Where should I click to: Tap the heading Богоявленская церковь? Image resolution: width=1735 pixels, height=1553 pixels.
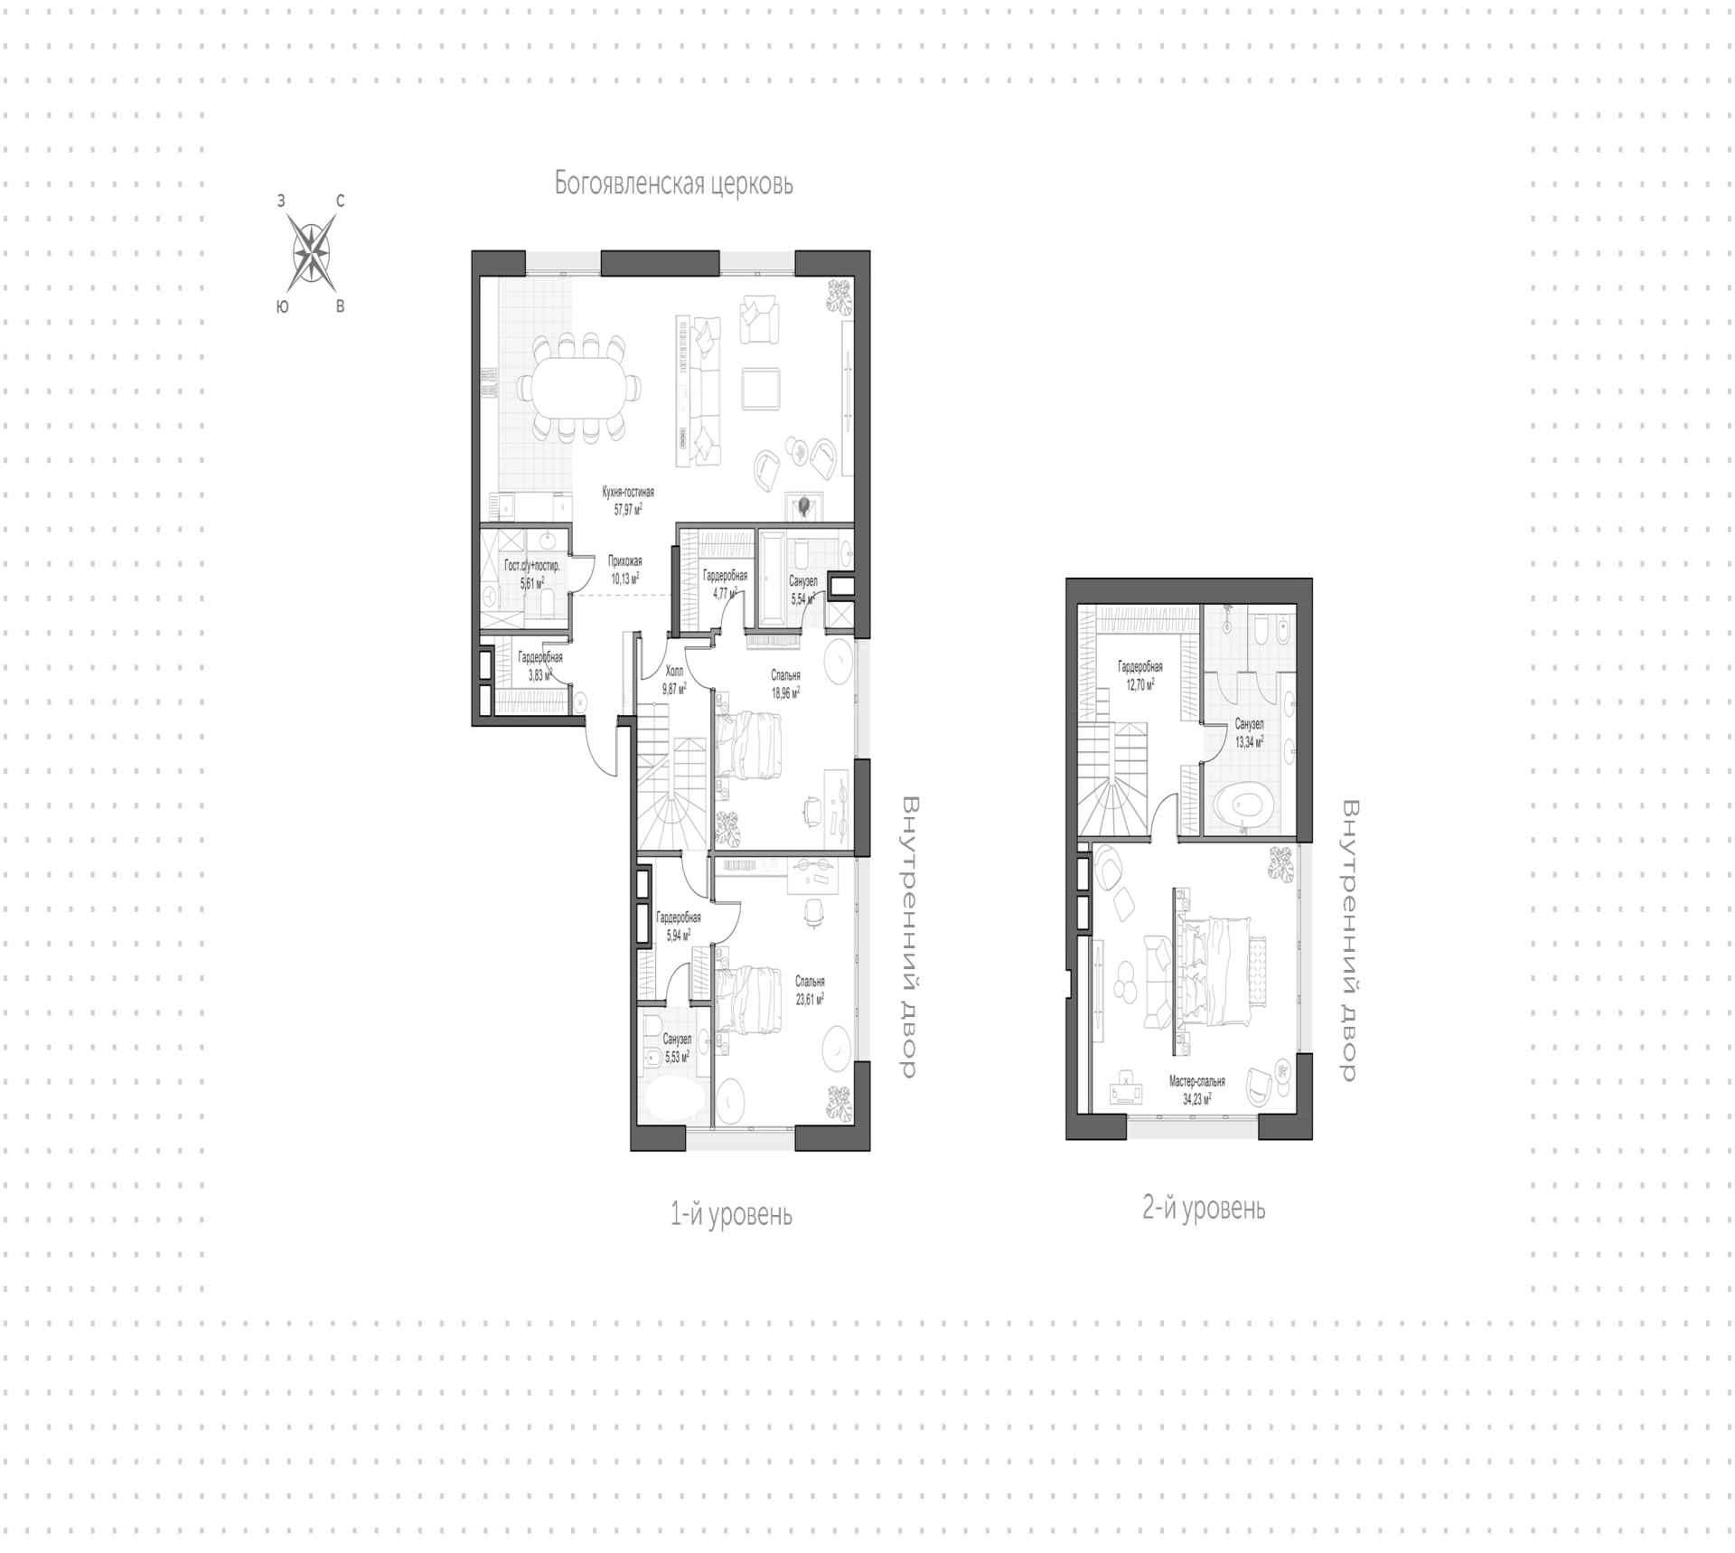pyautogui.click(x=673, y=184)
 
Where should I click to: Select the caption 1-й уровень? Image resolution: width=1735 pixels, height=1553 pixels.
pyautogui.click(x=731, y=1214)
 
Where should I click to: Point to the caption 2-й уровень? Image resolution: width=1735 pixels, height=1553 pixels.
pyautogui.click(x=1204, y=1208)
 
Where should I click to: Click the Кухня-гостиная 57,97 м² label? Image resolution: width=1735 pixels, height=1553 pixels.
pyautogui.click(x=628, y=501)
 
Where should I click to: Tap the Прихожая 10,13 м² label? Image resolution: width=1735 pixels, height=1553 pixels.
pyautogui.click(x=624, y=570)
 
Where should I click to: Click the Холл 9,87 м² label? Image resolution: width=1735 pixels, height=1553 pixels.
pyautogui.click(x=674, y=680)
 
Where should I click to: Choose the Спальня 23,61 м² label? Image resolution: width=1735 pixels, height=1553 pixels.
pyautogui.click(x=810, y=991)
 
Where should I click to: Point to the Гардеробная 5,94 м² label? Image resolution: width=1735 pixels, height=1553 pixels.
pyautogui.click(x=678, y=927)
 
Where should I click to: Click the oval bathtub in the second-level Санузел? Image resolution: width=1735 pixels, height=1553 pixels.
pyautogui.click(x=1245, y=806)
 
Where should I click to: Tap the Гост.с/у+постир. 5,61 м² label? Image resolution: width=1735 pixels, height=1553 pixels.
pyautogui.click(x=531, y=573)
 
